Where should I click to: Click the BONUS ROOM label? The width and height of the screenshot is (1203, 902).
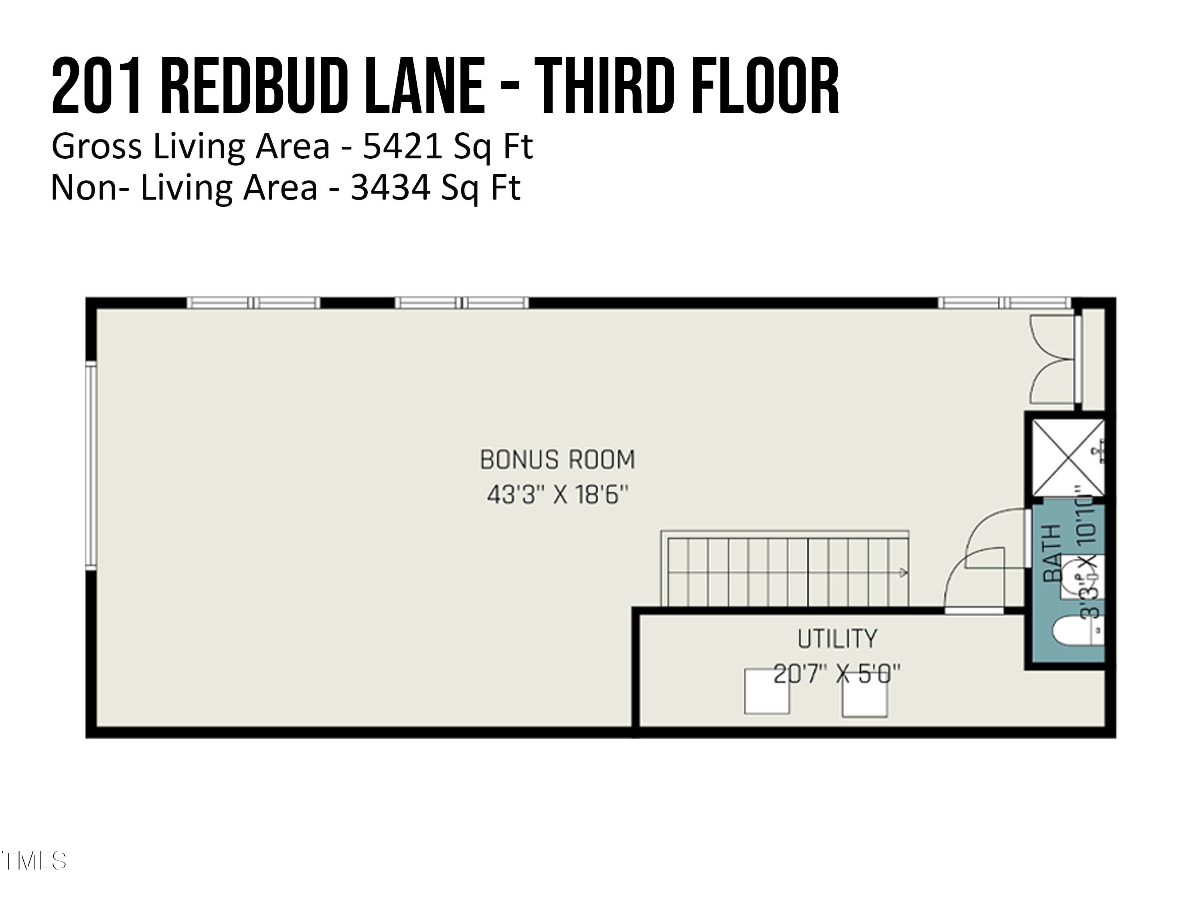coord(557,460)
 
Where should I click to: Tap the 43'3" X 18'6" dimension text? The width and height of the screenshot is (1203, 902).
coord(557,495)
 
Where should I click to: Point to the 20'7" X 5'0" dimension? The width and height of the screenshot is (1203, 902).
coord(836,675)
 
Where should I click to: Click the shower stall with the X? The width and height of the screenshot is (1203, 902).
coord(1066,458)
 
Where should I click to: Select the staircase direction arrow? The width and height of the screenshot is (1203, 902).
coord(903,572)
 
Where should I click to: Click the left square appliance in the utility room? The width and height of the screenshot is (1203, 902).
coord(766,692)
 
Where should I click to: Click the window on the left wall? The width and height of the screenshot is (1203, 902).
coord(91,465)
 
